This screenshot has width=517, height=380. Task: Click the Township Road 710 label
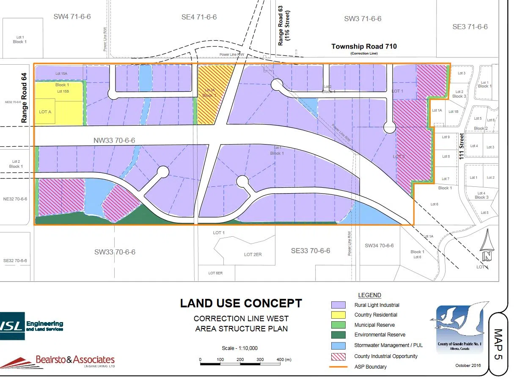(x=364, y=46)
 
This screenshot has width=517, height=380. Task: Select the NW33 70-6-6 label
(x=115, y=140)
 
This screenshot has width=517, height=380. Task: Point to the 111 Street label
(x=462, y=146)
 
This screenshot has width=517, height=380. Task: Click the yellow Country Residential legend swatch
(x=339, y=315)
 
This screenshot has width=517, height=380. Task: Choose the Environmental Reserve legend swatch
(x=339, y=335)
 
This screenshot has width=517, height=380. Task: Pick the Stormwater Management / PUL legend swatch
(x=339, y=345)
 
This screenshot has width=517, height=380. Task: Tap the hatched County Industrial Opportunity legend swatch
(x=339, y=356)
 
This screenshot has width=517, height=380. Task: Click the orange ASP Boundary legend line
(x=339, y=366)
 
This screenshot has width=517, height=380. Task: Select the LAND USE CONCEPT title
(x=241, y=303)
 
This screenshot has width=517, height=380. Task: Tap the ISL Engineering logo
(x=31, y=325)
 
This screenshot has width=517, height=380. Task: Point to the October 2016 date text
(x=467, y=365)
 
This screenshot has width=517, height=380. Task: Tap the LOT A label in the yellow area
(x=45, y=112)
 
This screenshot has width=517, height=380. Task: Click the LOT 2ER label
(x=253, y=254)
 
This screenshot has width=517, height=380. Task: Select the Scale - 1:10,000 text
(x=239, y=348)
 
